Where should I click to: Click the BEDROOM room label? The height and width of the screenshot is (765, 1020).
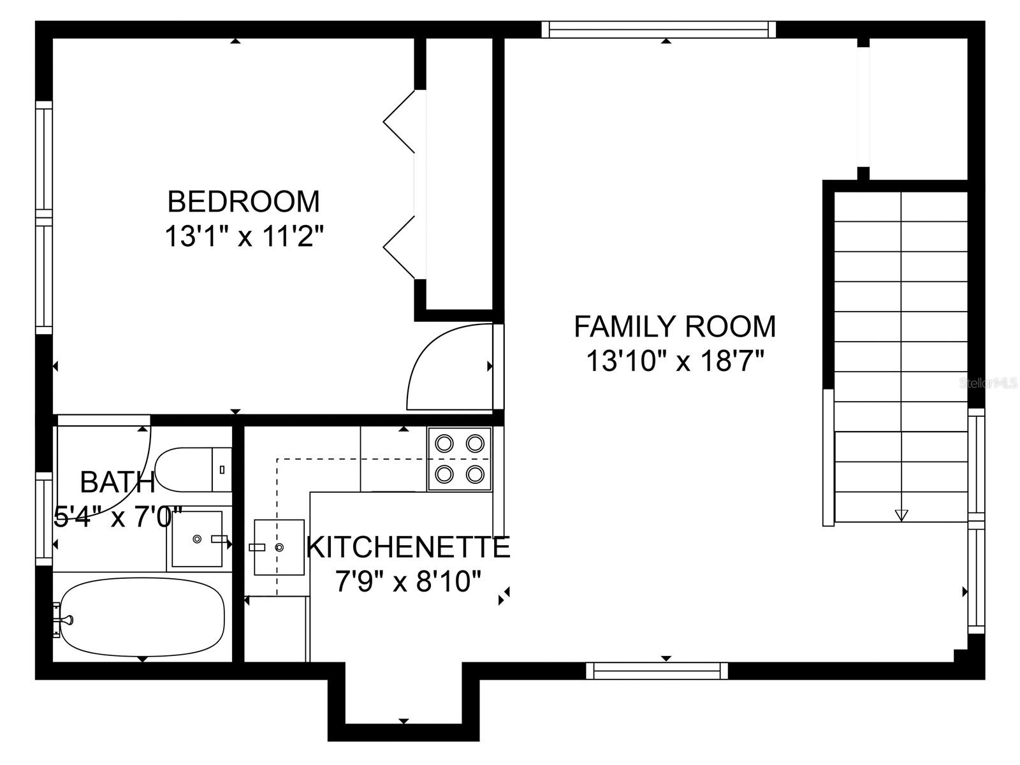[x=244, y=201]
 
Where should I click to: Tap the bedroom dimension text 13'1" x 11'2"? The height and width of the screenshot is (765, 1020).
[x=245, y=237]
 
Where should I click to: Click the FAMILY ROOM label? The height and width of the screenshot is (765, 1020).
[x=674, y=326]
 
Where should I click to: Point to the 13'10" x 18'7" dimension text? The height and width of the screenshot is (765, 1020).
[x=674, y=361]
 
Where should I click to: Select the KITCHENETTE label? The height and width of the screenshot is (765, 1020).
[x=408, y=547]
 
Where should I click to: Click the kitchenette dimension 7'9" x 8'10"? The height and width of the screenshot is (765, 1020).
[x=408, y=581]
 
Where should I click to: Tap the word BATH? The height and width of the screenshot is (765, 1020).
[x=117, y=482]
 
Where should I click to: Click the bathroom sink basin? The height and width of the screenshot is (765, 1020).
[x=196, y=539]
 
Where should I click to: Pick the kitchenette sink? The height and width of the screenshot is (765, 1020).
[x=279, y=547]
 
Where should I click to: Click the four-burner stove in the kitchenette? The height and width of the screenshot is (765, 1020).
[x=460, y=458]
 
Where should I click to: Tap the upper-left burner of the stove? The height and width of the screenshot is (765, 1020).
[x=444, y=442]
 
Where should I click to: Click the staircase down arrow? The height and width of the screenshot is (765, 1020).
[x=901, y=514]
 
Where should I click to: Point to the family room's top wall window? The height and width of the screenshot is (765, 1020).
[x=659, y=29]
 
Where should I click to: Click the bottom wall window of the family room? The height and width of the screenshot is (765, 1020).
[x=657, y=670]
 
